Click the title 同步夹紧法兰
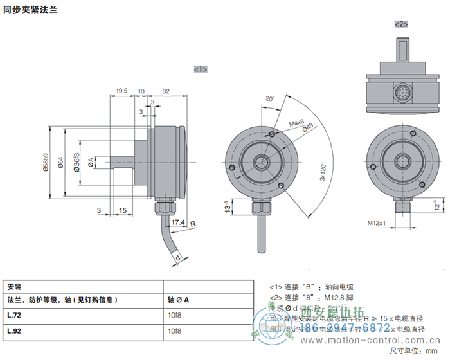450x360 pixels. (30, 10)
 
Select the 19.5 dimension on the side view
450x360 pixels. (121, 91)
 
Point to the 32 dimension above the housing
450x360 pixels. (166, 91)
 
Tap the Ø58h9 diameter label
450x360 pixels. (46, 165)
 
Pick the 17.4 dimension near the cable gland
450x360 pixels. (179, 222)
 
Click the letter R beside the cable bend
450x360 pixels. (193, 222)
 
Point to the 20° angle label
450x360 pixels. (269, 99)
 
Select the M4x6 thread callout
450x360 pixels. (296, 122)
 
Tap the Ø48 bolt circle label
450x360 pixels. (308, 129)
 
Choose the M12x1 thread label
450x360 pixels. (377, 223)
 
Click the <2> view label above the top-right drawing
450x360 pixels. (402, 24)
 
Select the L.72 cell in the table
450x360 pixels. (14, 315)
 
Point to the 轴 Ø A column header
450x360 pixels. (178, 299)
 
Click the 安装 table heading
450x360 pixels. (14, 286)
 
